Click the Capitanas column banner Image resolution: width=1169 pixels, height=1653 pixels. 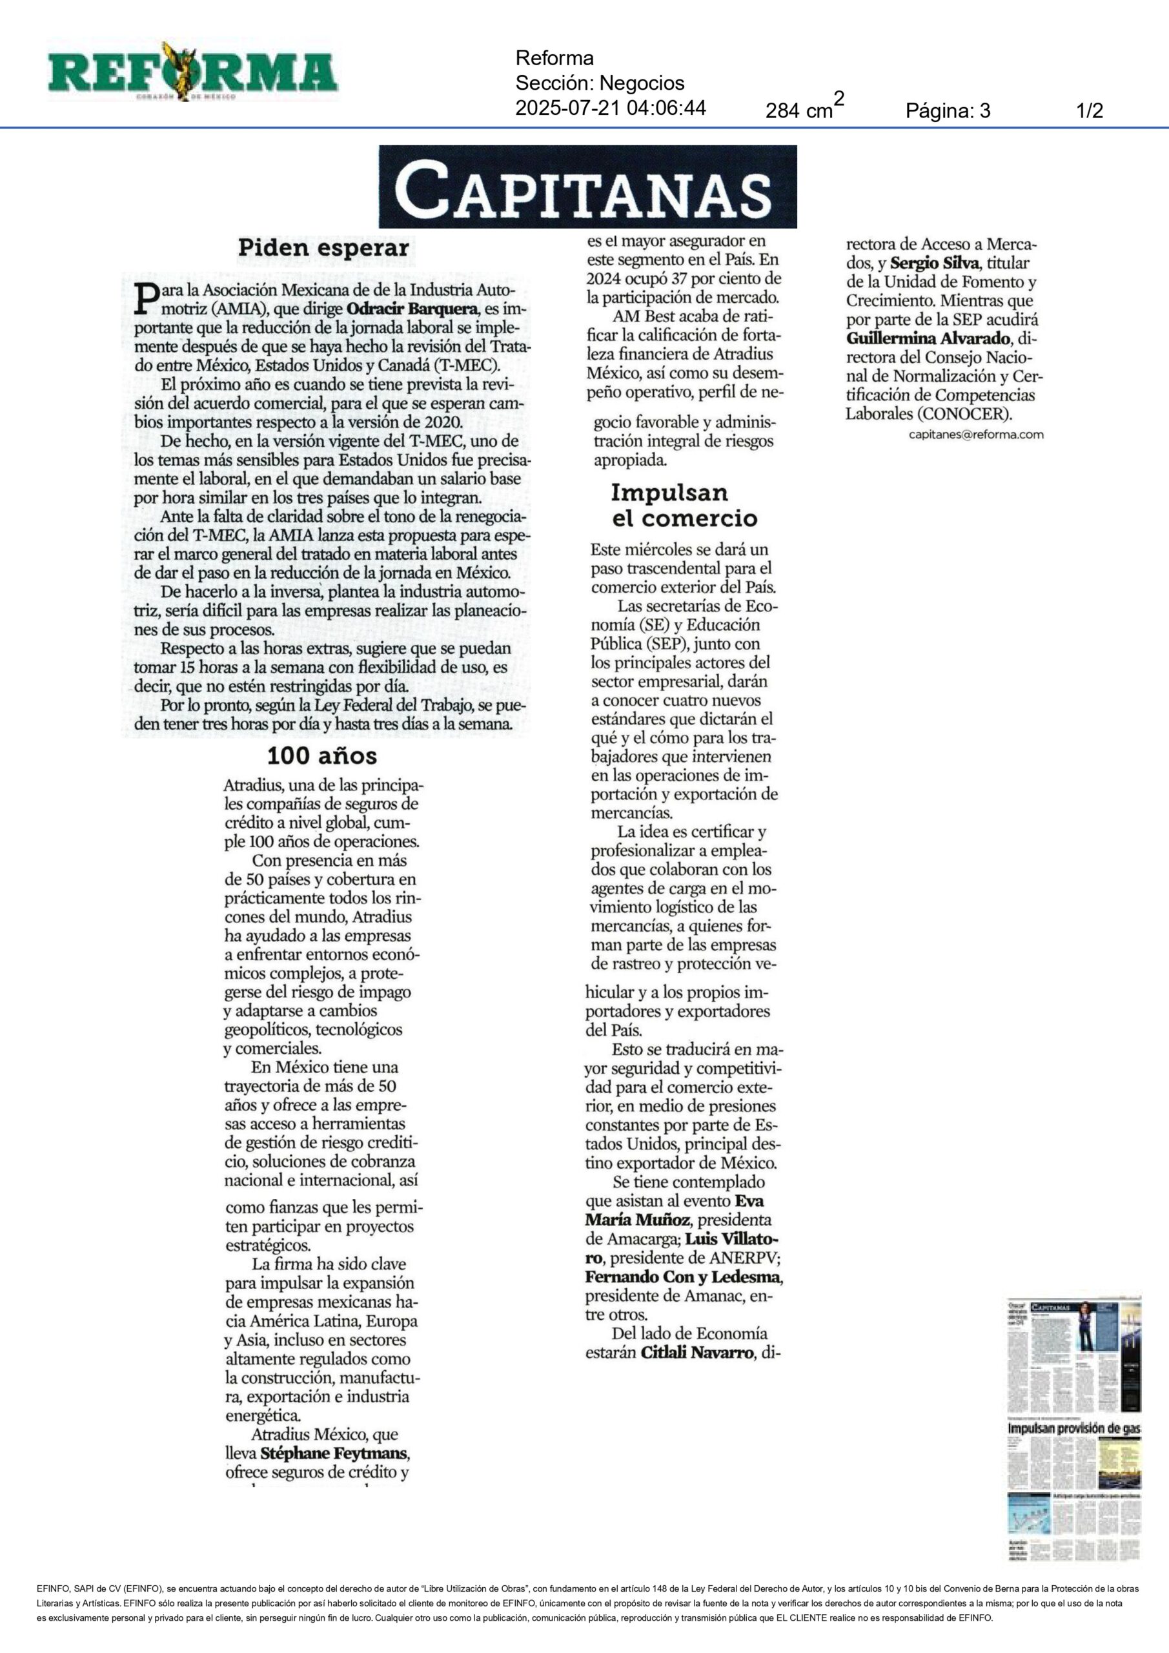(x=587, y=187)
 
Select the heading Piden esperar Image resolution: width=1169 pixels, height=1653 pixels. (x=323, y=249)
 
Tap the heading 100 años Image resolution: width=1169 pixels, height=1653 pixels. (x=321, y=756)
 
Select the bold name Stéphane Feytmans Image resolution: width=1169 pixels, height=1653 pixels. (x=335, y=1453)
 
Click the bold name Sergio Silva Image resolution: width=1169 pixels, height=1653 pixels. (x=934, y=263)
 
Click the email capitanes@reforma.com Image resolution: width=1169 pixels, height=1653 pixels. (x=975, y=434)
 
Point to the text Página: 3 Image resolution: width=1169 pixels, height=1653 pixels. (x=948, y=111)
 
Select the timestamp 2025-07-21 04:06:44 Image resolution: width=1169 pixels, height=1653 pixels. (x=611, y=108)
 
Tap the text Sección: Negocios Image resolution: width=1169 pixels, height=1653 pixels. (x=600, y=83)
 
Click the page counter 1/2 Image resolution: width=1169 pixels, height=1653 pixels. (x=1089, y=111)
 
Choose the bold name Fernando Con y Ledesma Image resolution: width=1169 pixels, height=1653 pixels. (x=683, y=1277)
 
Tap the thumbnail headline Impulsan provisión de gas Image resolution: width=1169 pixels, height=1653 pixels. (x=1073, y=1428)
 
